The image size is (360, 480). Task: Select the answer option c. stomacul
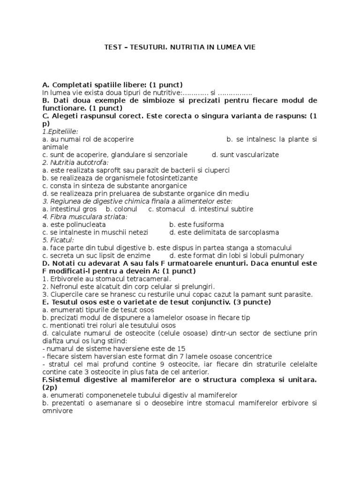[x=166, y=209]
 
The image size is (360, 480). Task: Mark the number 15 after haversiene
[x=181, y=348]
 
